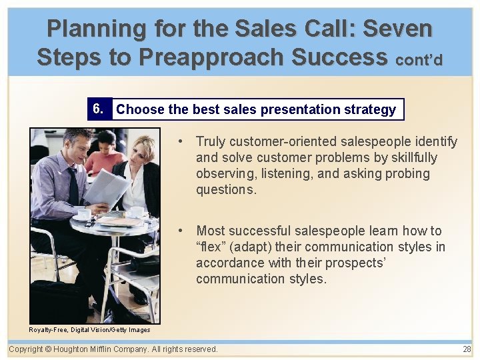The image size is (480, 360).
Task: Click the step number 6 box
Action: tap(99, 109)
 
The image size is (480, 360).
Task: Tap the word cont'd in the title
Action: tap(419, 59)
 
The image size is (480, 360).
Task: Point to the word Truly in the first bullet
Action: tap(211, 141)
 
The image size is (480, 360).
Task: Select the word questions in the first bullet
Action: tap(225, 189)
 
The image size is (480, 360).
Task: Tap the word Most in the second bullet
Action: tap(210, 231)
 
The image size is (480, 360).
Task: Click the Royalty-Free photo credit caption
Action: tap(90, 329)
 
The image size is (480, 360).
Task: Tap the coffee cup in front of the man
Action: tap(84, 214)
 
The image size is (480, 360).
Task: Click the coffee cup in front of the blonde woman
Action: tap(137, 211)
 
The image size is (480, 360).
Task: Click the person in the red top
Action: tap(105, 157)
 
